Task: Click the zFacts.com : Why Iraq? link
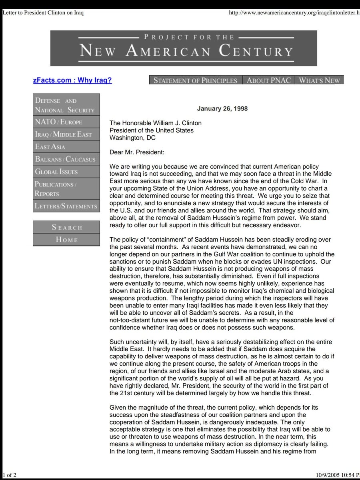click(72, 80)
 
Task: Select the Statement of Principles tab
click(196, 80)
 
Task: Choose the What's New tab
click(319, 80)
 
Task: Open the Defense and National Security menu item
click(66, 105)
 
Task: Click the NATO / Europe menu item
click(66, 122)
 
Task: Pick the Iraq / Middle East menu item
click(66, 134)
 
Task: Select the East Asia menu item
click(66, 147)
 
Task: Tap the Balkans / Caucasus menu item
click(66, 159)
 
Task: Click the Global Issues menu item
click(66, 172)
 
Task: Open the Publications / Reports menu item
click(66, 189)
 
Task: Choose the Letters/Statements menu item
click(66, 206)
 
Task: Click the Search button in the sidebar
click(66, 227)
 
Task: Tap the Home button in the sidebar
click(66, 240)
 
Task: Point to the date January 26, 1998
click(222, 109)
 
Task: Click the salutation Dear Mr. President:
click(137, 152)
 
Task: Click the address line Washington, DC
click(133, 138)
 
